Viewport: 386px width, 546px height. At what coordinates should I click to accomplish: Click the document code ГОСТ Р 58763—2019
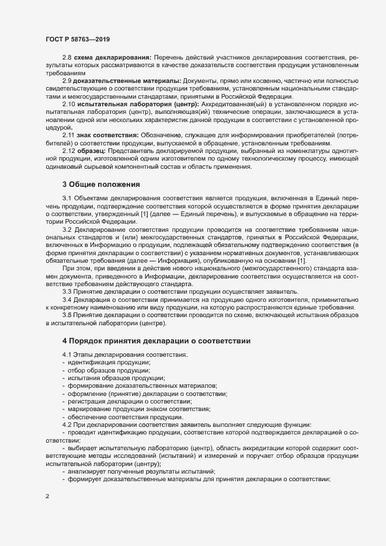77,39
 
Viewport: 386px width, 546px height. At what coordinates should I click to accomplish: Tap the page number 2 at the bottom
47,497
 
